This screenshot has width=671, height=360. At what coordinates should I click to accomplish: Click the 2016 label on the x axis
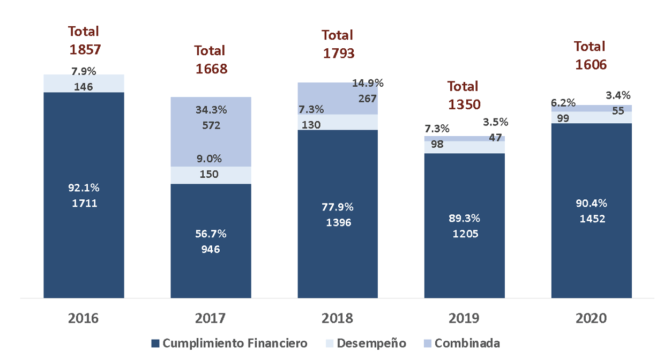[84, 318]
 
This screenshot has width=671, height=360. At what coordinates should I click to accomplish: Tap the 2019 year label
[464, 318]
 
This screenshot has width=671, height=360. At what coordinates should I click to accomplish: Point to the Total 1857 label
[84, 41]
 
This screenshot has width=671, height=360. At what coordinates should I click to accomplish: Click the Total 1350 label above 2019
[464, 95]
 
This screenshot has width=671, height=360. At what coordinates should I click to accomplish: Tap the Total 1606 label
[591, 55]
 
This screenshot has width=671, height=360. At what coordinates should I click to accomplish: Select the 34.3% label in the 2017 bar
[211, 110]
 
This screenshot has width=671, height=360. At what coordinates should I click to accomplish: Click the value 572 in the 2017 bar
[211, 126]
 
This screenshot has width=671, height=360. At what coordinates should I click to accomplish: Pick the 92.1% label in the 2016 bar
[84, 188]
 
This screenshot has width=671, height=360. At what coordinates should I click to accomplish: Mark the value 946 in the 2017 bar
[211, 249]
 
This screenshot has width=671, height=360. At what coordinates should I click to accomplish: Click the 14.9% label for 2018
[368, 83]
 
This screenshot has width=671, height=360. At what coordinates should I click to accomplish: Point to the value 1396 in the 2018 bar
[338, 222]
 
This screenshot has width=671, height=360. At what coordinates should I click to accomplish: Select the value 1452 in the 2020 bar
[591, 219]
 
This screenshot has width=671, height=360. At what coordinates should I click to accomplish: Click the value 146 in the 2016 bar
[84, 86]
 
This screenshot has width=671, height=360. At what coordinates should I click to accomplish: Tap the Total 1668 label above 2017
[211, 59]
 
